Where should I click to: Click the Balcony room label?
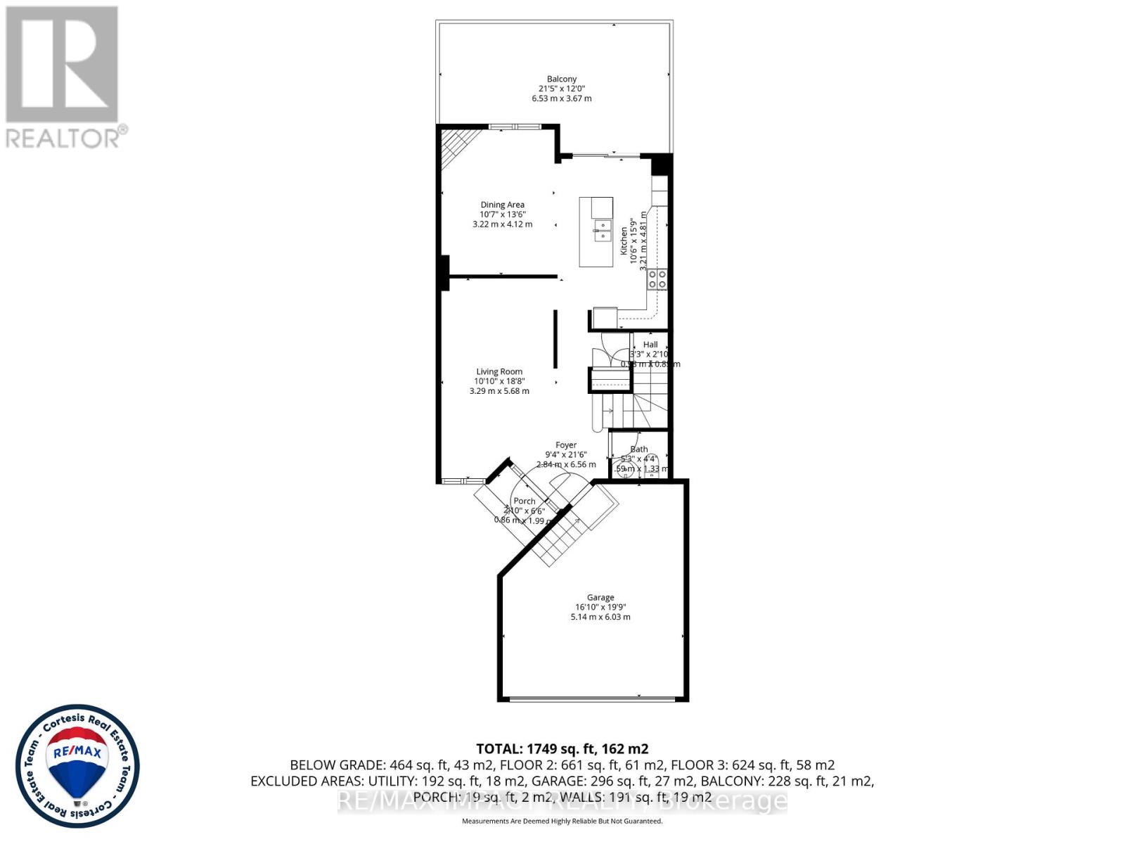point(562,79)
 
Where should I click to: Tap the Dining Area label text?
point(502,205)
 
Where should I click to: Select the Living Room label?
point(499,371)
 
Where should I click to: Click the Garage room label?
point(600,597)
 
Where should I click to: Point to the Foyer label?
point(566,445)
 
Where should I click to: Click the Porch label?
point(524,501)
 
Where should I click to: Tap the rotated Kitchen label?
point(624,240)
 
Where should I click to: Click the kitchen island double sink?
point(602,231)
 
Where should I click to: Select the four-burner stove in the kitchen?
point(657,279)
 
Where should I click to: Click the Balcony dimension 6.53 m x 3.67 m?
point(562,98)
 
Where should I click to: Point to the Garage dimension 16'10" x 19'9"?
point(600,607)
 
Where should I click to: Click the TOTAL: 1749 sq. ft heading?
point(562,749)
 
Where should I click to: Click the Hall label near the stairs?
point(650,345)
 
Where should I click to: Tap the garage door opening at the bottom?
point(592,698)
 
